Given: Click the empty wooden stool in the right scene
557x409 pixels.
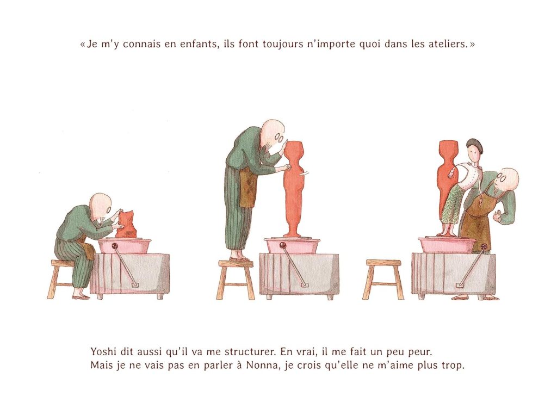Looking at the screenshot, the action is click(x=383, y=280).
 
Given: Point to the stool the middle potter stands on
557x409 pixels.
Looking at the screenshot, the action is click(x=236, y=281).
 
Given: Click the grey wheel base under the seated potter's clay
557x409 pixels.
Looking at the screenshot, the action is click(x=129, y=273).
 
